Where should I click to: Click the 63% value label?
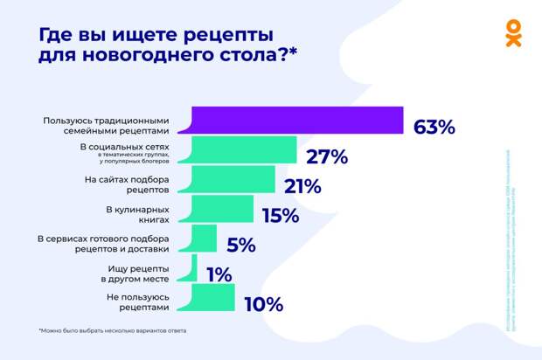tap(434, 128)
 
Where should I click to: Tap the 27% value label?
tap(327, 157)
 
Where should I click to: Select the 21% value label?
tap(302, 186)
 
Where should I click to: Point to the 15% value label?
tap(281, 216)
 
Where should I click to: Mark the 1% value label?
tap(219, 275)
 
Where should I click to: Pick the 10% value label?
tap(263, 305)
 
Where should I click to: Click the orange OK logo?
tap(513, 32)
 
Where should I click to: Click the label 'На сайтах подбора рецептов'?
tap(126, 185)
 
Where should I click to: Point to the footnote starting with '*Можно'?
tap(112, 331)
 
